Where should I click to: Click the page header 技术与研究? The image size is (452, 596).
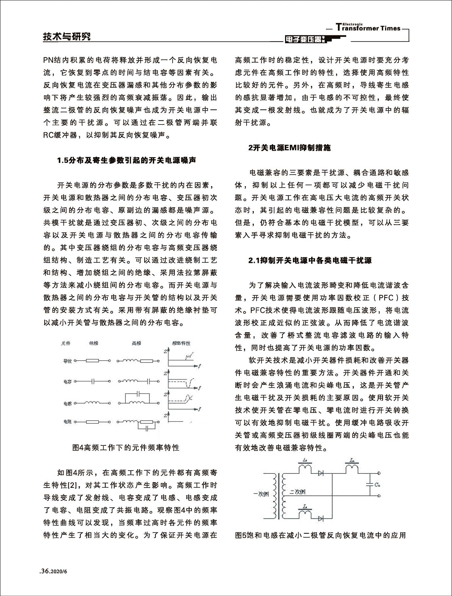pos(67,36)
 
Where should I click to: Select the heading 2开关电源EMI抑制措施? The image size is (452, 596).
pos(290,148)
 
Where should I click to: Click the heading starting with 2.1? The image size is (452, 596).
pos(310,260)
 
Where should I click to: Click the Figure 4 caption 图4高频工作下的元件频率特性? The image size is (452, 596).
pos(126,447)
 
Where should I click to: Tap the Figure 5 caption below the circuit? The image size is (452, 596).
pos(321,535)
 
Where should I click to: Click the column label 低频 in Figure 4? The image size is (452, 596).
pos(93,343)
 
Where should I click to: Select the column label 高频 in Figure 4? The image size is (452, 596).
pos(136,343)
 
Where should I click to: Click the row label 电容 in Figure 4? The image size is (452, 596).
pos(67,382)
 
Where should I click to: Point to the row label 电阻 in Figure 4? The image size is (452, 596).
pos(67,421)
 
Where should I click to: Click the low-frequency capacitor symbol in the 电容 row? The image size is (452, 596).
pos(93,381)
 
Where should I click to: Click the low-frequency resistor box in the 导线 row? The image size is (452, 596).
pos(92,361)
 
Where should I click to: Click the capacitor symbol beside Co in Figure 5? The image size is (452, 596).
pos(370,484)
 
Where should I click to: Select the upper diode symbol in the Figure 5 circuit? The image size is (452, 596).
pos(321,473)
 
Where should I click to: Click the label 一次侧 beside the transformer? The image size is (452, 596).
pos(261,494)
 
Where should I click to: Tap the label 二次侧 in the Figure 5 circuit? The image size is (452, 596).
pos(298,492)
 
